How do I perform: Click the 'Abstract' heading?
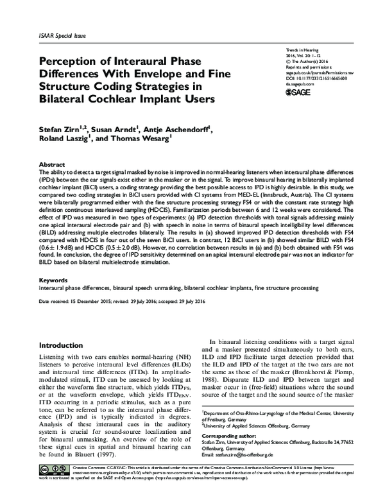[52, 164]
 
